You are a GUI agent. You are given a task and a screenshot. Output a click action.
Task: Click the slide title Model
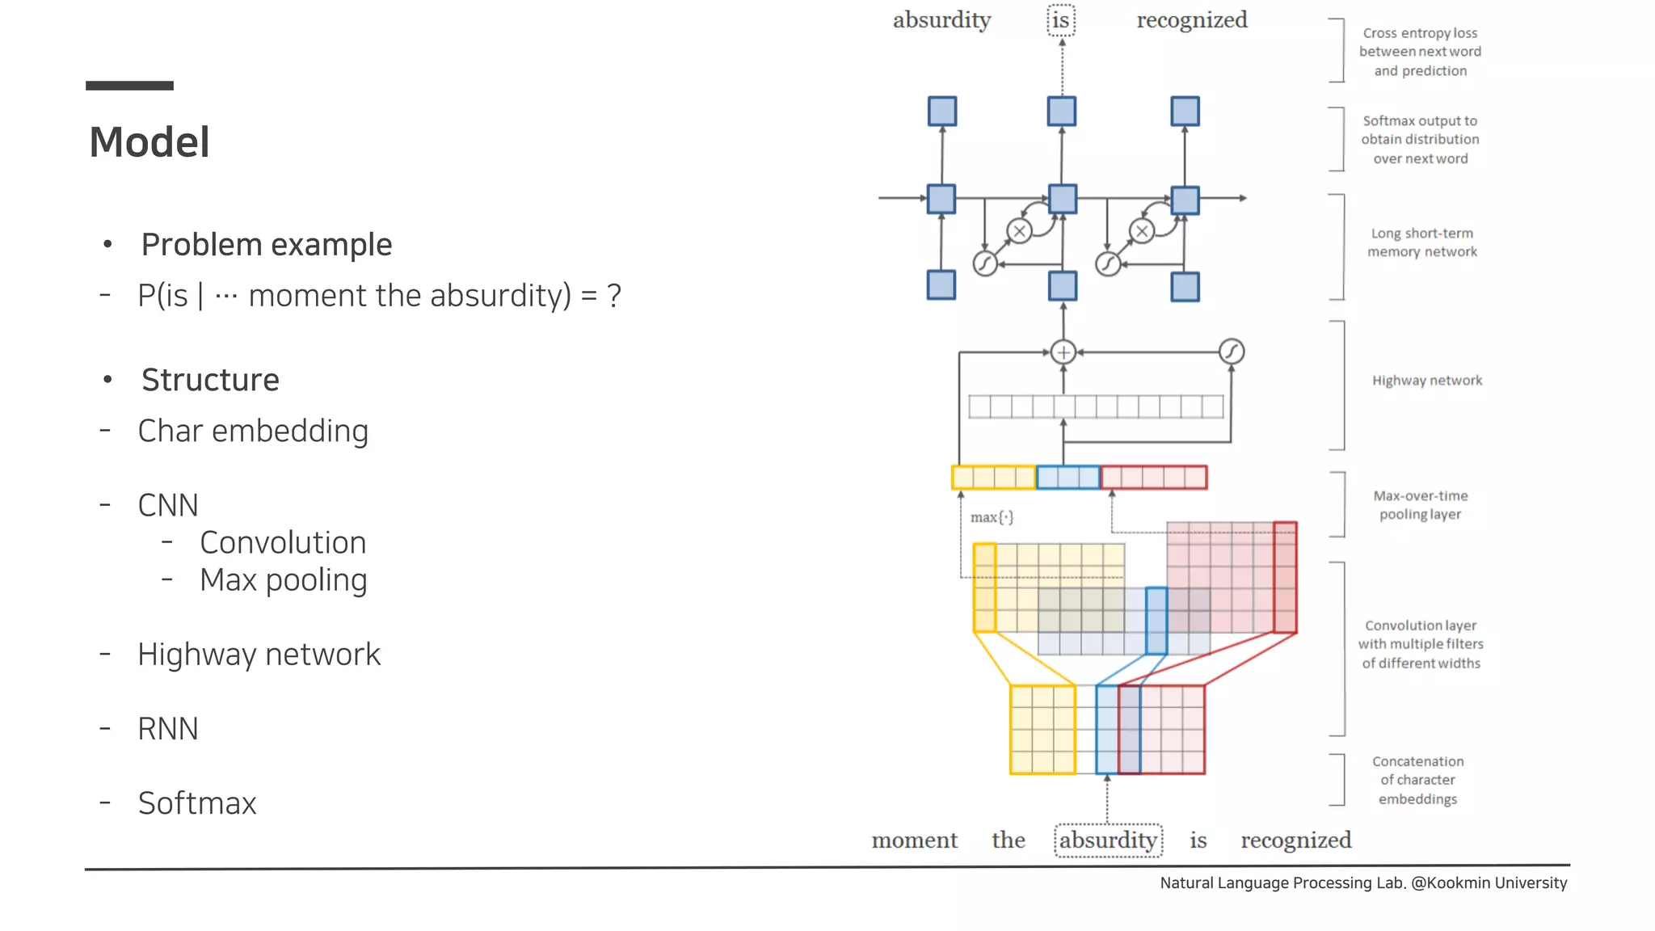pos(149,142)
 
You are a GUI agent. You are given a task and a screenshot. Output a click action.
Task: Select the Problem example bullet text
pos(266,245)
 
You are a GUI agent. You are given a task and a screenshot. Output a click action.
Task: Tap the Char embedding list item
pos(252,431)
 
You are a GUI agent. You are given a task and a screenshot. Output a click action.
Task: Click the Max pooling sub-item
pos(283,580)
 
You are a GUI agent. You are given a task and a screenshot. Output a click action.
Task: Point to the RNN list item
pos(167,729)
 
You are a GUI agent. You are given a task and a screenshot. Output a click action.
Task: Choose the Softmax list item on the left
pos(196,803)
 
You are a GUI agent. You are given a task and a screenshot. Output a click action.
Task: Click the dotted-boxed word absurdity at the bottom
pos(1108,840)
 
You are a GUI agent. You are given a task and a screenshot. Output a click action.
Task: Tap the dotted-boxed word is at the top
pos(1061,20)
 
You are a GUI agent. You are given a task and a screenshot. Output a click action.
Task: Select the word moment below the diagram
pos(914,840)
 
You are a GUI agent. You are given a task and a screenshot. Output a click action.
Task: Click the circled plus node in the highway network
pos(1063,352)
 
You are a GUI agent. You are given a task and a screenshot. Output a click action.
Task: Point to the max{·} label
pos(992,517)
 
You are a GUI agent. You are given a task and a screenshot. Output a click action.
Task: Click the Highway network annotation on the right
pos(1426,381)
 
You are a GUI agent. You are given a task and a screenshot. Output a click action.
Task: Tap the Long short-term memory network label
pos(1421,242)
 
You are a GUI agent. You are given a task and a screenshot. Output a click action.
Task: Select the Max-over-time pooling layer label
pos(1421,505)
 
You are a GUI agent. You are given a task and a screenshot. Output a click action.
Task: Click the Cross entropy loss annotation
pos(1420,52)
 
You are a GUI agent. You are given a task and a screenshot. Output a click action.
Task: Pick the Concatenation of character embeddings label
pos(1417,780)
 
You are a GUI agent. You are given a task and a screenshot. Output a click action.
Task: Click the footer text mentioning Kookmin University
pos(1363,883)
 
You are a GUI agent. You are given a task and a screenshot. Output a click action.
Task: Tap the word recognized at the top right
pos(1192,20)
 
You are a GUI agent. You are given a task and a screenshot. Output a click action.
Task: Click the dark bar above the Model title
pos(129,86)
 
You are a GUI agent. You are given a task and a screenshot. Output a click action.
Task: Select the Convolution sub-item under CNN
pos(283,543)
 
